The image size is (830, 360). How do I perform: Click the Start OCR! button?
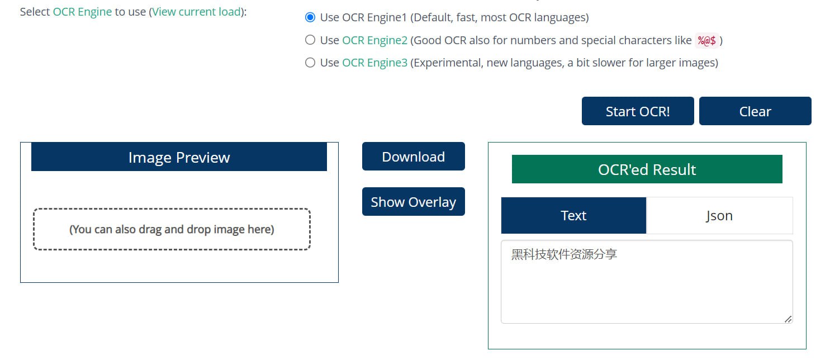[x=638, y=111]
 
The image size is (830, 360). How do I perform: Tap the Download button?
[x=414, y=157]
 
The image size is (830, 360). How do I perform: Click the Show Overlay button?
[x=414, y=202]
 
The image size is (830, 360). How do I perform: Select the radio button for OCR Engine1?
[x=310, y=17]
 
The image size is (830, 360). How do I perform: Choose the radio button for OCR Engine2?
[x=310, y=40]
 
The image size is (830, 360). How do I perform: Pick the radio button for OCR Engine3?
[x=310, y=63]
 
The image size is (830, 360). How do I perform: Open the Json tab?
[x=719, y=215]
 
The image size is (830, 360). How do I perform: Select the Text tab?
[x=573, y=215]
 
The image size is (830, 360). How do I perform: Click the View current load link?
[x=196, y=12]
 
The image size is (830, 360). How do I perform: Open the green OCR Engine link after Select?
[x=82, y=12]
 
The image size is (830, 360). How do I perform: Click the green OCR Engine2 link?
[x=374, y=40]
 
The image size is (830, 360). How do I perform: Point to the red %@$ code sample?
[x=706, y=40]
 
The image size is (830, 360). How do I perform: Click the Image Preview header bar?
[x=179, y=157]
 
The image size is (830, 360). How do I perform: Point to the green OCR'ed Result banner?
[x=647, y=169]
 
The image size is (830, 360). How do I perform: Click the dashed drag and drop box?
[x=172, y=229]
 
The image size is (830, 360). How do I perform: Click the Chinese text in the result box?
[x=564, y=254]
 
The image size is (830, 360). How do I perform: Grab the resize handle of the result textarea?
[x=788, y=319]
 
